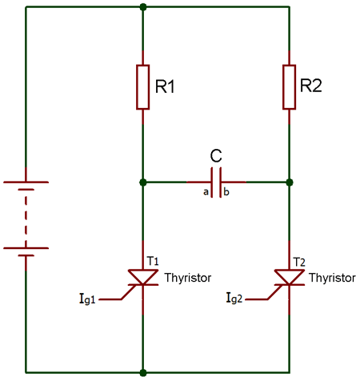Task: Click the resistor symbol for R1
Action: tap(142, 86)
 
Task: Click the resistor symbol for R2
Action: tap(290, 86)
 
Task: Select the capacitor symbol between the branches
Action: tap(216, 182)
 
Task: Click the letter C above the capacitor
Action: tap(216, 154)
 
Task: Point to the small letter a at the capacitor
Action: tap(206, 193)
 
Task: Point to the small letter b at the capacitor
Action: tap(226, 193)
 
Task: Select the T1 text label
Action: tap(153, 261)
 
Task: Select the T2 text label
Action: tap(300, 261)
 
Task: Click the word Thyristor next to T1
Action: tap(188, 279)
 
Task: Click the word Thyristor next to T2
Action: tap(332, 279)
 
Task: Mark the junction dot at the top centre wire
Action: tap(142, 7)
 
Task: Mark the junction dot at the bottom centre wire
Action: tap(142, 372)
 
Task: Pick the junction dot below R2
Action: tap(290, 182)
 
